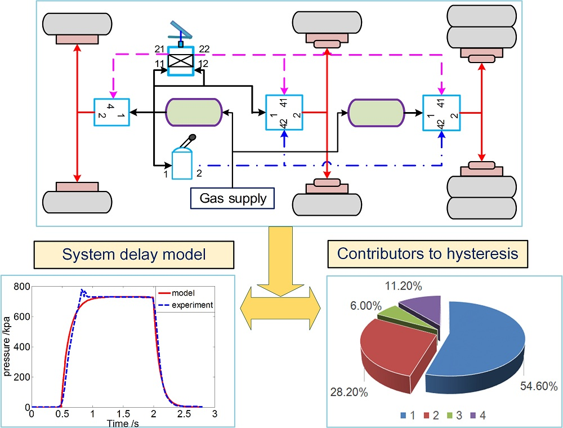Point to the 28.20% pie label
coord(349,391)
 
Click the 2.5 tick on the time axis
coord(184,414)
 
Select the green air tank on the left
coord(193,113)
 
